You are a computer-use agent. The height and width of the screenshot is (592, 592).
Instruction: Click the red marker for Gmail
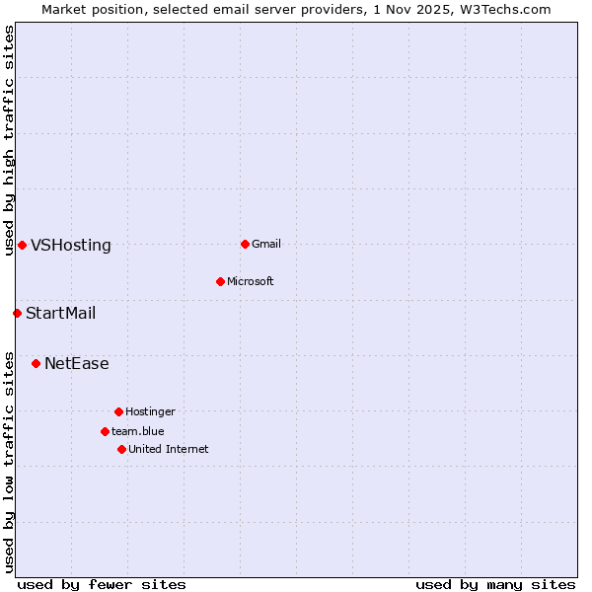(245, 244)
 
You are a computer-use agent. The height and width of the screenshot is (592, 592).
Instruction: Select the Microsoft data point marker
(221, 281)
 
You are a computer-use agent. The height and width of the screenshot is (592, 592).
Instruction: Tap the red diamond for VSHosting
(22, 245)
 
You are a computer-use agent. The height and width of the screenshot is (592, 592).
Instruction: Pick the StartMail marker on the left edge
(17, 313)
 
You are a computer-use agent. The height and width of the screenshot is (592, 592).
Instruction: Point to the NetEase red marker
(36, 363)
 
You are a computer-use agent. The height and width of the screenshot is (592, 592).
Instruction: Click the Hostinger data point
(118, 411)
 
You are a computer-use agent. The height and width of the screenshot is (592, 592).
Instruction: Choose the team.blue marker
(105, 431)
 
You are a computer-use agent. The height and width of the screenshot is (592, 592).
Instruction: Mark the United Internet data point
(121, 449)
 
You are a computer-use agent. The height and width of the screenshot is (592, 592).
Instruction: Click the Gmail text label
(266, 244)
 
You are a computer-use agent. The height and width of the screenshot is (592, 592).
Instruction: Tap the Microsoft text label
(250, 281)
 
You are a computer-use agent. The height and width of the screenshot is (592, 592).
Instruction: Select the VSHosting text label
(71, 246)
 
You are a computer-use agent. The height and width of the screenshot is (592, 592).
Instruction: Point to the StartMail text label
(61, 314)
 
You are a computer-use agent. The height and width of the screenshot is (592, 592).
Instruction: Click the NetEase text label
(77, 364)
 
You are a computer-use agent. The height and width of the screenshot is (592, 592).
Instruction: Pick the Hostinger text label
(150, 411)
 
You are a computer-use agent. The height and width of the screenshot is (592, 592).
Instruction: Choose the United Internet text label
(168, 449)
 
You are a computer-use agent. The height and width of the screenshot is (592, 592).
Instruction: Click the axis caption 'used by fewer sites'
(102, 584)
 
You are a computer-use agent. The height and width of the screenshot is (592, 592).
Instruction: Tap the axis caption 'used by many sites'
(495, 584)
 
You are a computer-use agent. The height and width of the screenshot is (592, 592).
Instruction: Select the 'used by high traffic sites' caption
(9, 140)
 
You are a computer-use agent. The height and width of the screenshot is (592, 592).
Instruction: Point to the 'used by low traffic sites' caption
(9, 461)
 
